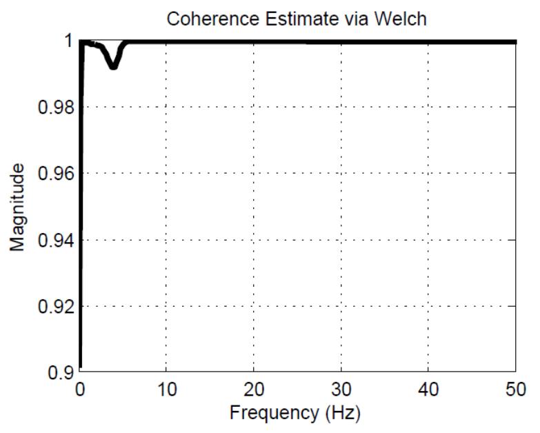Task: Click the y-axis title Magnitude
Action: (x=19, y=207)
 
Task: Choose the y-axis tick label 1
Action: (x=68, y=41)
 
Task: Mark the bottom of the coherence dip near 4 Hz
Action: (x=114, y=66)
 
